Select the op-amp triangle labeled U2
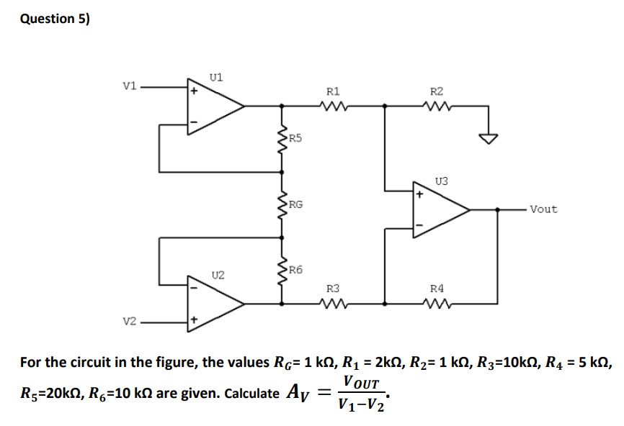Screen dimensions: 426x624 (x=213, y=303)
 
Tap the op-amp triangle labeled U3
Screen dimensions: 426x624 (x=438, y=210)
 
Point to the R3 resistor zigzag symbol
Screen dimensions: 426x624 (x=334, y=302)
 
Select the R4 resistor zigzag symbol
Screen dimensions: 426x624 (x=437, y=302)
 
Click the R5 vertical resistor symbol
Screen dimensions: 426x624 (x=282, y=137)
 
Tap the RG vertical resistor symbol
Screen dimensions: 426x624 (x=282, y=204)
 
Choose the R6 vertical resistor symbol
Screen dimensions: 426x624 (x=282, y=270)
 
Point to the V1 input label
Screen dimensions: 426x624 (x=129, y=88)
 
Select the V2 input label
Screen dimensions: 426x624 (x=129, y=322)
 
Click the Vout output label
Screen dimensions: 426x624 (x=543, y=209)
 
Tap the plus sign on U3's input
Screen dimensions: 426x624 (x=419, y=194)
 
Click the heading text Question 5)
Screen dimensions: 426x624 (x=54, y=19)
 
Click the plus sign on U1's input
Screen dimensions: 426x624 (x=193, y=91)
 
